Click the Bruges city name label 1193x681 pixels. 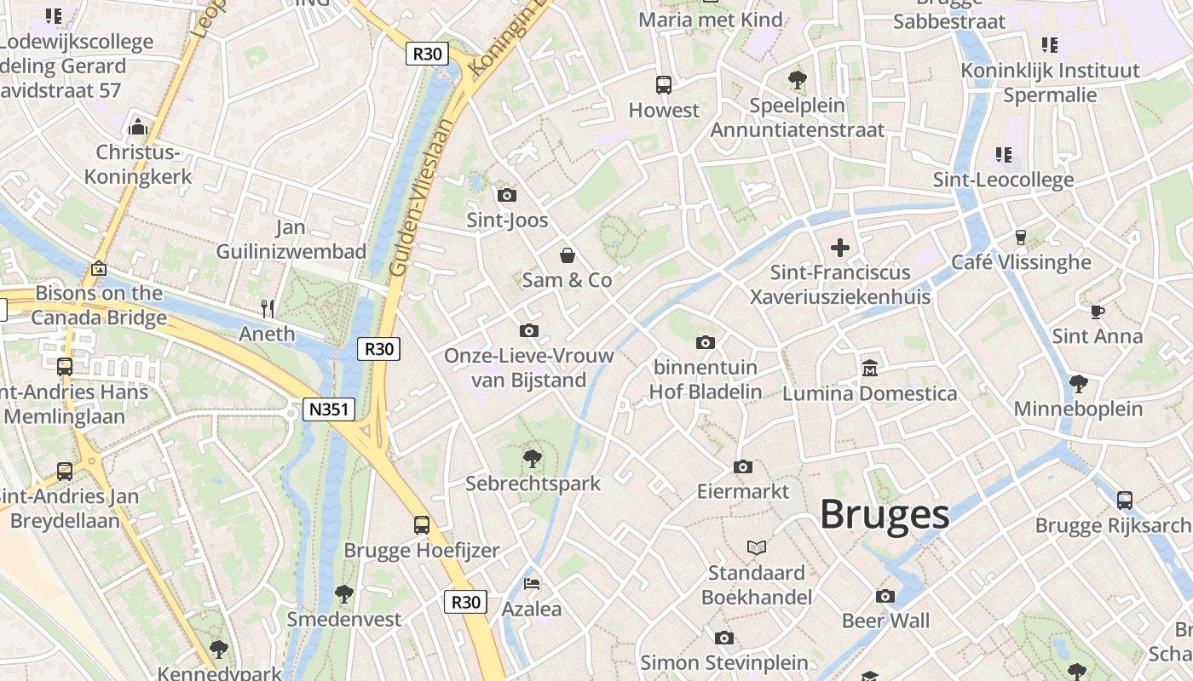point(885,514)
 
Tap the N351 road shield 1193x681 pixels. point(329,409)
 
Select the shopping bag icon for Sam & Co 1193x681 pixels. point(567,255)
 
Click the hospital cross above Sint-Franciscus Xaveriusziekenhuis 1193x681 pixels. point(840,248)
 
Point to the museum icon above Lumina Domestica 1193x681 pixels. point(870,369)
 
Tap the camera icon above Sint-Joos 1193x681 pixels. point(507,196)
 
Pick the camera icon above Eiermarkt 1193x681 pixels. point(743,467)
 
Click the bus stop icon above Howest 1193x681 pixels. point(664,85)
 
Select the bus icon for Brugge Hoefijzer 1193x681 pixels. point(422,525)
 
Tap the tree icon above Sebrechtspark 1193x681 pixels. point(533,459)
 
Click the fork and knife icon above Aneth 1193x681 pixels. point(268,308)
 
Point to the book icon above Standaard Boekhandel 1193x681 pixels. point(757,547)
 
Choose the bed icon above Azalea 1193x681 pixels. point(532,584)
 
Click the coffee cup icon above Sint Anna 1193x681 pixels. point(1098,312)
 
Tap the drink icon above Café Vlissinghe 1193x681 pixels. point(1021,237)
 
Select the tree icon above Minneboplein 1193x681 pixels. point(1078,384)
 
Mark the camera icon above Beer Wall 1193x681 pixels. point(886,596)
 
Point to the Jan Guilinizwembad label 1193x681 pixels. point(291,240)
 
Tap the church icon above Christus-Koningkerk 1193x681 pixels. point(138,128)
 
